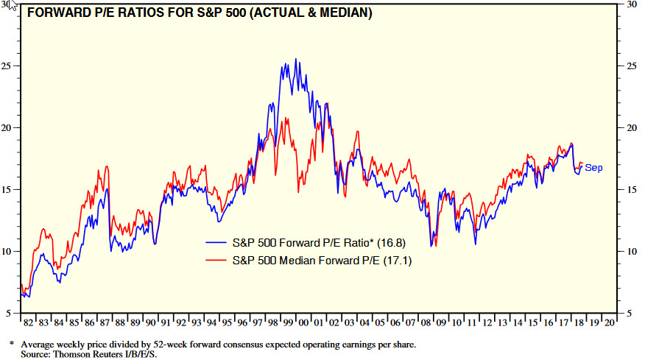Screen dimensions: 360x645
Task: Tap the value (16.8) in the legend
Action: click(391, 242)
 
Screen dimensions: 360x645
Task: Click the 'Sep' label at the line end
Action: click(593, 168)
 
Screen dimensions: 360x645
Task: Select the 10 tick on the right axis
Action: click(630, 251)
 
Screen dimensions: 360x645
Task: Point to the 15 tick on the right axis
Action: click(630, 189)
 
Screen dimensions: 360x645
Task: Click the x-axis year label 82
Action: click(28, 323)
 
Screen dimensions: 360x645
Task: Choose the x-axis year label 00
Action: click(303, 323)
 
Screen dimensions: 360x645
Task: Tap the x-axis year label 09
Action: click(440, 323)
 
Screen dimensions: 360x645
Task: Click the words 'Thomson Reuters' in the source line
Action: click(91, 354)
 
